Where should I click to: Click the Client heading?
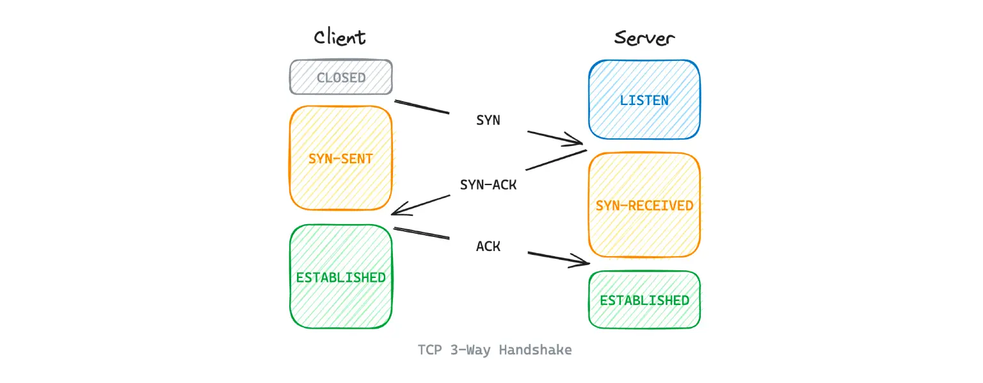click(340, 37)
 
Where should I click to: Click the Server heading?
click(644, 38)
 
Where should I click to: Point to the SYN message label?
click(488, 120)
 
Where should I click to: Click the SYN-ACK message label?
click(488, 185)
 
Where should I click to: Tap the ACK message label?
click(488, 246)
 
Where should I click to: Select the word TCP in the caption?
click(429, 350)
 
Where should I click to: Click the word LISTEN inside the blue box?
click(644, 101)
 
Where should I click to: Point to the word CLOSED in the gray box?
click(341, 78)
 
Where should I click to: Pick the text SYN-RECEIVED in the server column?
click(644, 206)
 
